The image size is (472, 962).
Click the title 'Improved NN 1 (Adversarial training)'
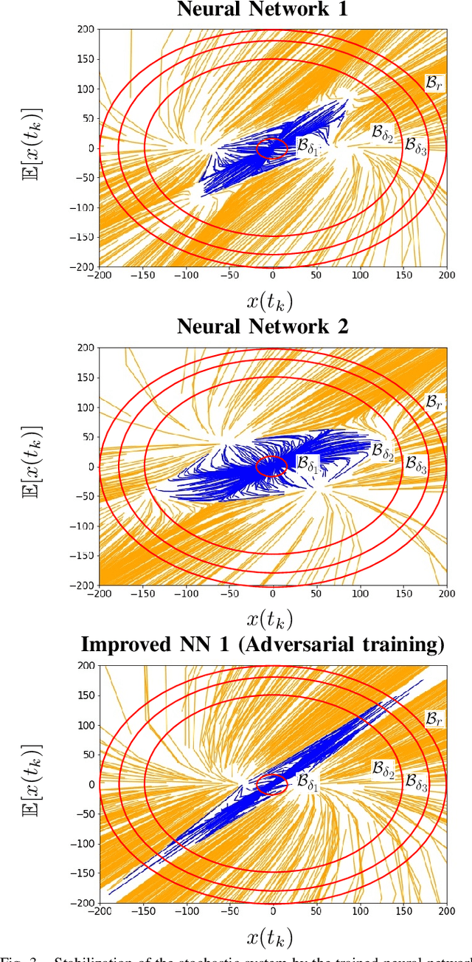click(263, 644)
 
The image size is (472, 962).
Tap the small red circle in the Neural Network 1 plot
click(272, 148)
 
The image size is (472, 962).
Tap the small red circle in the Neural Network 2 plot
click(272, 467)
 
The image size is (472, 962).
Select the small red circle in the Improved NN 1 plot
click(272, 784)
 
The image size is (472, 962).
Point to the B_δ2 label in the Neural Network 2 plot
click(382, 450)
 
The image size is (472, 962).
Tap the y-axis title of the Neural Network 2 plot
click(32, 466)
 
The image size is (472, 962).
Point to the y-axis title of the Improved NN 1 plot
click(32, 783)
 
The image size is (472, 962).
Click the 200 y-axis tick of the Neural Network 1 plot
click(86, 30)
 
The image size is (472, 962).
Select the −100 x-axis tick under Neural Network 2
click(185, 593)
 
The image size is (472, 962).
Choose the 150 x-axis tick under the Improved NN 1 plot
click(403, 910)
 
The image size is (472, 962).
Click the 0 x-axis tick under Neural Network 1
click(273, 275)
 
